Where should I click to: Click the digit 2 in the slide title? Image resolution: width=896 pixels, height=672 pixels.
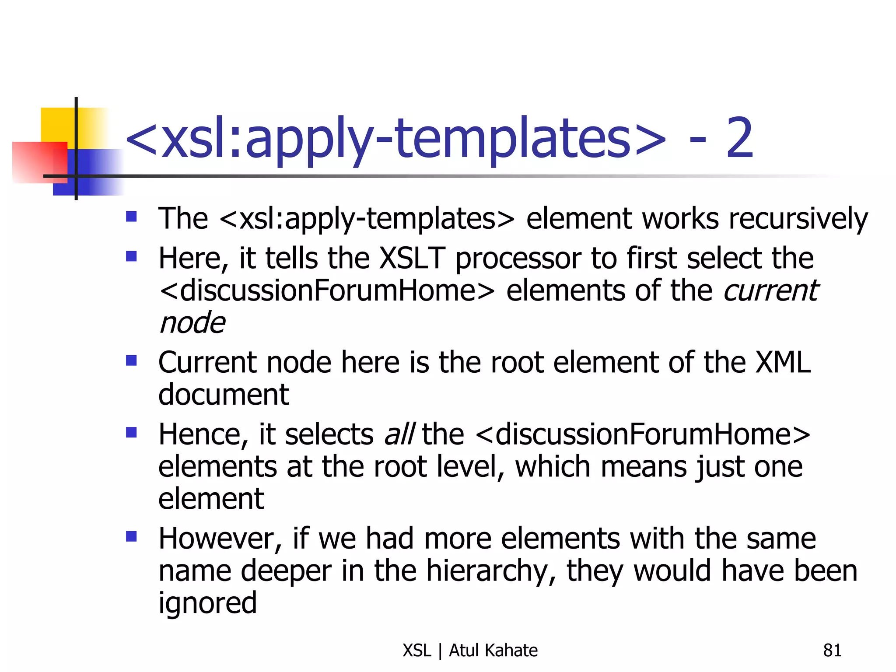pos(740,138)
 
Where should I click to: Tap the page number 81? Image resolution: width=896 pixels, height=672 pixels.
pos(832,651)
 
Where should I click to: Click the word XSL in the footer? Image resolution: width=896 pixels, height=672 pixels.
pos(417,651)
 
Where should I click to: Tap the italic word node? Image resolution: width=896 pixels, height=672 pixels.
pos(192,323)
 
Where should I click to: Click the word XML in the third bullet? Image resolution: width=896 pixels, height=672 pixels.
pos(783,362)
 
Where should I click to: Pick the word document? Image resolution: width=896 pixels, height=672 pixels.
pos(224,394)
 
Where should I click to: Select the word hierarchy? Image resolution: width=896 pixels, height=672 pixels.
pos(490,571)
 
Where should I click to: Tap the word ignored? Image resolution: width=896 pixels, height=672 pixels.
pos(207,603)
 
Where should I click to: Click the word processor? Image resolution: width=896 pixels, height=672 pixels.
pos(518,259)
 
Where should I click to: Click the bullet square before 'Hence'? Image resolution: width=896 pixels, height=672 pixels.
pos(131,433)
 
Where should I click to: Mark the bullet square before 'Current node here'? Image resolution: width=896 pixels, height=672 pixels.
pos(131,360)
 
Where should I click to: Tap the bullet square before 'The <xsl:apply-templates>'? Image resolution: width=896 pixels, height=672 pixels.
pos(131,217)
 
